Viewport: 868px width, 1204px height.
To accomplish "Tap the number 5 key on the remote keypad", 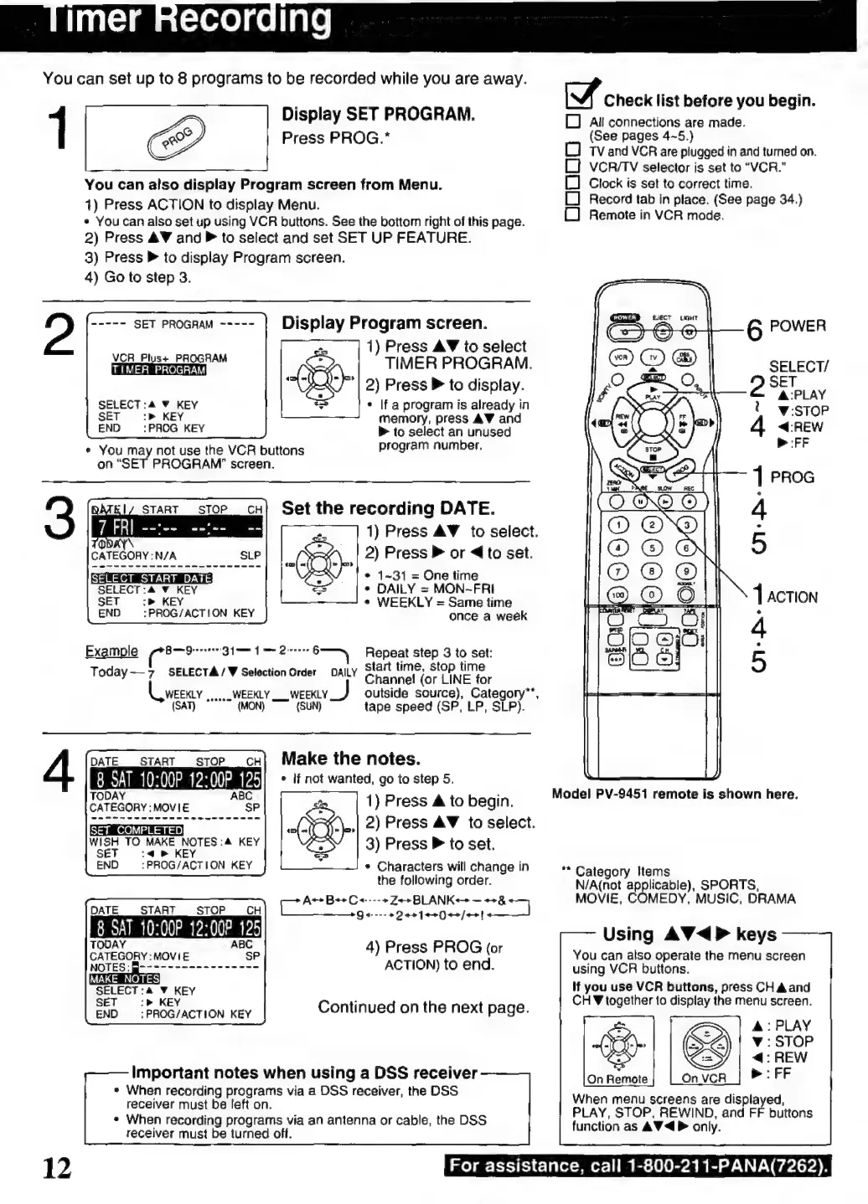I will (652, 548).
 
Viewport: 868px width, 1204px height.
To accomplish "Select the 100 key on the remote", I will (618, 594).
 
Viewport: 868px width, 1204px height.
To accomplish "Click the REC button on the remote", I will (689, 502).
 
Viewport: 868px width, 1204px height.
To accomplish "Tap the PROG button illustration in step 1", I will (178, 138).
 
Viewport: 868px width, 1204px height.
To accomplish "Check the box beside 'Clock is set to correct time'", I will (572, 183).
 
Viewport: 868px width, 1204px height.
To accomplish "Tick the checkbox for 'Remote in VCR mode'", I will (572, 214).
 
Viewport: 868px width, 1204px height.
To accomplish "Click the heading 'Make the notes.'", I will (350, 759).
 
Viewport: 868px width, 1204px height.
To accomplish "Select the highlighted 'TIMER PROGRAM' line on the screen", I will (158, 370).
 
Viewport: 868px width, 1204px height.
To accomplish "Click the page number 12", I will (57, 1167).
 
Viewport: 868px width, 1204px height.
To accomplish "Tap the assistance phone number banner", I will (638, 1165).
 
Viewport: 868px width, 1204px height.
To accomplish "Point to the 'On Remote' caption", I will (617, 1079).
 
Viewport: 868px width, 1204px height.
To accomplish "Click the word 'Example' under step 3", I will (111, 651).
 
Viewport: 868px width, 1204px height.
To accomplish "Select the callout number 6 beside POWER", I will (754, 330).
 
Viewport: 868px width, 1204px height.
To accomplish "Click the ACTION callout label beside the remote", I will (792, 597).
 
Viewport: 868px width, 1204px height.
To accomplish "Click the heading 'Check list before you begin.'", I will (709, 100).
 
